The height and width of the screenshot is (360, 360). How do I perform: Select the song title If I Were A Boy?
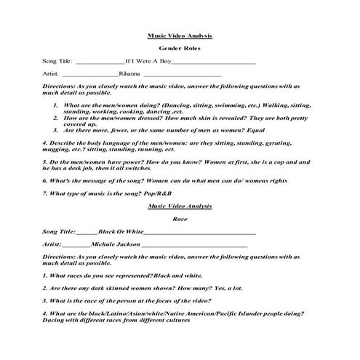tap(148, 62)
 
